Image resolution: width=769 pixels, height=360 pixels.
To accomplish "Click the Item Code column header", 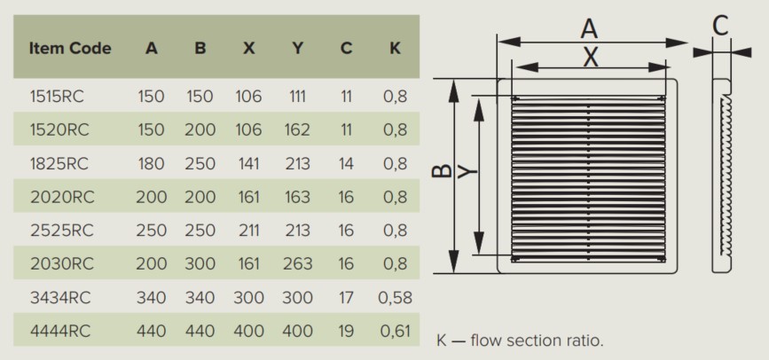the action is pyautogui.click(x=70, y=48).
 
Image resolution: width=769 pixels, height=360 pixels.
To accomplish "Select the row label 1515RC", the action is pyautogui.click(x=57, y=96).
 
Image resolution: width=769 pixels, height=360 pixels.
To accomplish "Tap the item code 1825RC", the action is pyautogui.click(x=59, y=163).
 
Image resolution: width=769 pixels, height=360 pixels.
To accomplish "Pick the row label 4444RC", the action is pyautogui.click(x=60, y=331).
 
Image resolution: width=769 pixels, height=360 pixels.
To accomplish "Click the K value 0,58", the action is pyautogui.click(x=396, y=298).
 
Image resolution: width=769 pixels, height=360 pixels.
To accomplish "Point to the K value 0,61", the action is pyautogui.click(x=396, y=331).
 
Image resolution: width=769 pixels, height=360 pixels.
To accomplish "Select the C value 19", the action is pyautogui.click(x=346, y=331).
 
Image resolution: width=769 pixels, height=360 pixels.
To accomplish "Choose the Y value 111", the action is pyautogui.click(x=297, y=96).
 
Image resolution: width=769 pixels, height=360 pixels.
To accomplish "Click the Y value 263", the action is pyautogui.click(x=297, y=264).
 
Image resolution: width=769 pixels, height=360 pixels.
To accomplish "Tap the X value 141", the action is pyautogui.click(x=248, y=163).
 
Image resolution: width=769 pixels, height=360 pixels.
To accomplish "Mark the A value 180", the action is pyautogui.click(x=151, y=163).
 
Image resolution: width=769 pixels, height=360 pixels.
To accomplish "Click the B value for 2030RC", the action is pyautogui.click(x=200, y=264).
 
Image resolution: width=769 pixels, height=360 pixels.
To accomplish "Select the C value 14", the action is pyautogui.click(x=346, y=163).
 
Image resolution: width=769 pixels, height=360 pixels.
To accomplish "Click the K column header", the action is pyautogui.click(x=395, y=48).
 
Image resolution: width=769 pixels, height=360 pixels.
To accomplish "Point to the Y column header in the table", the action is pyautogui.click(x=297, y=48).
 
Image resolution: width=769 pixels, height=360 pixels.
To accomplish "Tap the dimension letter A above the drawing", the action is pyautogui.click(x=589, y=28).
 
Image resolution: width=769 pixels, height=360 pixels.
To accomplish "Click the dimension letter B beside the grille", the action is pyautogui.click(x=443, y=170).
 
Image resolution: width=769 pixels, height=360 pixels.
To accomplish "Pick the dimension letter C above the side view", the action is pyautogui.click(x=720, y=26).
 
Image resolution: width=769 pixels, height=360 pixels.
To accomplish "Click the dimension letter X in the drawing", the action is pyautogui.click(x=591, y=58).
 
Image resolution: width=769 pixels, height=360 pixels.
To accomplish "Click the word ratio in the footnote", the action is pyautogui.click(x=587, y=340).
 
